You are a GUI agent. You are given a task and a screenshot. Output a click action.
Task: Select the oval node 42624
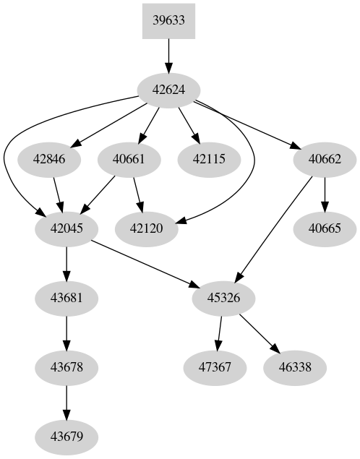pos(168,90)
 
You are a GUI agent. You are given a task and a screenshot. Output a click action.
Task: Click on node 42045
pos(67,228)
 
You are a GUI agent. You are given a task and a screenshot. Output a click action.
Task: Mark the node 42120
pos(146,228)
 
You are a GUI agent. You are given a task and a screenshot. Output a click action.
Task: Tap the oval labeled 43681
pos(67,298)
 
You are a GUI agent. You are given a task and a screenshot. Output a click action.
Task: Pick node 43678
pos(67,367)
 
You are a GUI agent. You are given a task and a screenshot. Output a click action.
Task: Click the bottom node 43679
pos(67,437)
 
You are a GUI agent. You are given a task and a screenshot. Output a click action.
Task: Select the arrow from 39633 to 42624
pos(168,54)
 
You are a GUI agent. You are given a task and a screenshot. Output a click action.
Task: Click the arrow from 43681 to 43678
pos(67,333)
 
